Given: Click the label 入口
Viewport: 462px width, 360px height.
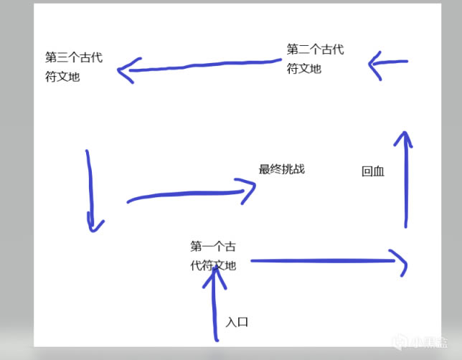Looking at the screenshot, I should click(237, 322).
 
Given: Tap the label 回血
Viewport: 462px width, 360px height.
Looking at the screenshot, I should click(373, 171).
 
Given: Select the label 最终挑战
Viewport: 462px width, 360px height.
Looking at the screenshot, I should click(281, 169).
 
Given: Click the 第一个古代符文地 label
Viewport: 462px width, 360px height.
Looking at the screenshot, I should click(212, 256).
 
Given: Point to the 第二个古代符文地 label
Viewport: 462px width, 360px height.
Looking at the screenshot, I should click(315, 59).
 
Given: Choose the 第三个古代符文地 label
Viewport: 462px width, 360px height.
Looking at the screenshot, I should click(73, 67).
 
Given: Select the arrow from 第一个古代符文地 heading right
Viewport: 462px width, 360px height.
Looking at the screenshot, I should click(326, 262).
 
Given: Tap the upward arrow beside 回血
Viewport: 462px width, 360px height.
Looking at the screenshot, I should click(406, 179).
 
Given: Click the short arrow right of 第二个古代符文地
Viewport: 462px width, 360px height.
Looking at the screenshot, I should click(388, 64).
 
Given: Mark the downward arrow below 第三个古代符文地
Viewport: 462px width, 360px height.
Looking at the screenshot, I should click(90, 191).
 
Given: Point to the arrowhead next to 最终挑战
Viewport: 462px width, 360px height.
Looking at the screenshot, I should click(247, 190).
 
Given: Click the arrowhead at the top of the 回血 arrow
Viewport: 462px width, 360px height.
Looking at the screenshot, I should click(405, 138).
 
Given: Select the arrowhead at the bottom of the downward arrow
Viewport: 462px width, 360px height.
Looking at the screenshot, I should click(94, 225).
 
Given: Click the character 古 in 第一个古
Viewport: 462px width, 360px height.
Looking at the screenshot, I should click(229, 247).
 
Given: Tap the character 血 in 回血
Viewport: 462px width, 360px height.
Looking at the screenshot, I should click(379, 171).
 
